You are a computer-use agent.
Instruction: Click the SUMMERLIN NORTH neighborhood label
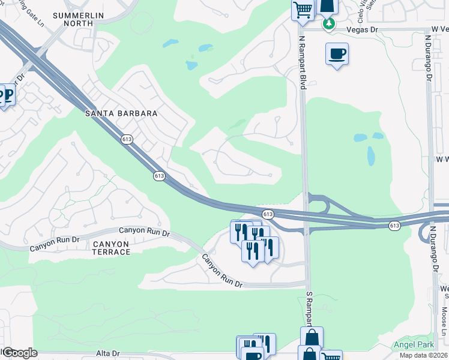click(x=81, y=19)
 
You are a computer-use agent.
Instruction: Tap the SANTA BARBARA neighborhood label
click(x=121, y=113)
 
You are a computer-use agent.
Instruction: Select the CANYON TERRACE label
click(x=111, y=248)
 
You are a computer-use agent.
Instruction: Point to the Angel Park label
click(x=412, y=344)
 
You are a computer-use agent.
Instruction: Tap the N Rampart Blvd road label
click(x=303, y=62)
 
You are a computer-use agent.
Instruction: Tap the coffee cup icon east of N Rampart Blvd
click(x=337, y=55)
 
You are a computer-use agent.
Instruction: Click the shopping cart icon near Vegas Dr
click(x=303, y=10)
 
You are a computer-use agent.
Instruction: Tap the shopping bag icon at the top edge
click(x=328, y=6)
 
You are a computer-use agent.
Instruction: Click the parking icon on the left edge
click(x=7, y=96)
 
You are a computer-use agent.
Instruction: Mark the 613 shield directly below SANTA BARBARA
click(x=126, y=139)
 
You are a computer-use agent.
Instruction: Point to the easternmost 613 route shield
click(x=393, y=226)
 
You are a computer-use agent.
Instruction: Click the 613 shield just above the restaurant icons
click(x=268, y=214)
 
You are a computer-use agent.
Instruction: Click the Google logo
click(x=19, y=353)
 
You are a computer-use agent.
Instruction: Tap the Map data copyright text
click(x=423, y=355)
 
